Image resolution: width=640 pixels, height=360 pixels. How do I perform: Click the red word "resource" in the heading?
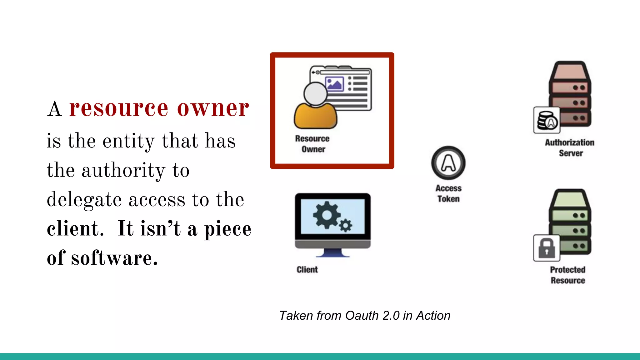click(119, 109)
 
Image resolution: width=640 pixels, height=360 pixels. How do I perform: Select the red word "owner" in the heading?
click(213, 109)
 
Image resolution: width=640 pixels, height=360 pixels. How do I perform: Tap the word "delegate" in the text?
click(84, 200)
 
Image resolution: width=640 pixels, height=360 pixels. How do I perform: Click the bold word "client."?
click(75, 229)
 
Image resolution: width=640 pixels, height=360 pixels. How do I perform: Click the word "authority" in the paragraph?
click(123, 171)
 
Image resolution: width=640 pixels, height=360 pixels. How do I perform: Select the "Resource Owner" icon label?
click(312, 144)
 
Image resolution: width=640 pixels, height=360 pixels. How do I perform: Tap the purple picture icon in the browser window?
click(334, 84)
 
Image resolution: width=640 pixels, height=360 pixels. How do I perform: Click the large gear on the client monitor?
click(327, 215)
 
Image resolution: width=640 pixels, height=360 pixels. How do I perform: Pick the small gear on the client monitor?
click(346, 225)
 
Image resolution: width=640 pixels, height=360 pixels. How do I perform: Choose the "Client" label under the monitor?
click(307, 270)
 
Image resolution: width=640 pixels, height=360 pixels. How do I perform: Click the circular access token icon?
click(448, 163)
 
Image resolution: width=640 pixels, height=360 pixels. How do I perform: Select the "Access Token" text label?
click(448, 194)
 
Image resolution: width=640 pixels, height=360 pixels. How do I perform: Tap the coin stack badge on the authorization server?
click(547, 120)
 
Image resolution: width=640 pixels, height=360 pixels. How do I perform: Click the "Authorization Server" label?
click(570, 148)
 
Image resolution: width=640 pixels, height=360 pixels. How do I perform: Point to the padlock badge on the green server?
click(547, 248)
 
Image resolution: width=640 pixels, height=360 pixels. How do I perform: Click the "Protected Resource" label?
click(568, 275)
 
